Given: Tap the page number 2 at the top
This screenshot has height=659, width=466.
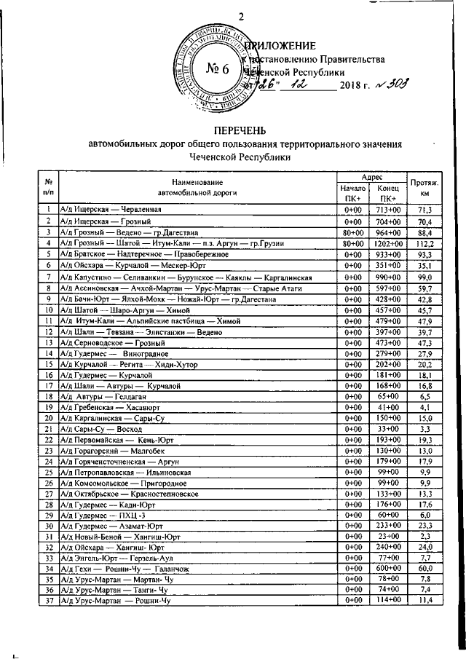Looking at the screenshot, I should tap(241, 17).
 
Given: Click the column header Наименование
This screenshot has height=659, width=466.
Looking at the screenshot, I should tap(197, 181).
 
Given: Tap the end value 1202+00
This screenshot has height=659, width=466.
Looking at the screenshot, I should tap(387, 243).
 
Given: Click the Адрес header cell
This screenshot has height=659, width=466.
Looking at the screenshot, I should tap(371, 177).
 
